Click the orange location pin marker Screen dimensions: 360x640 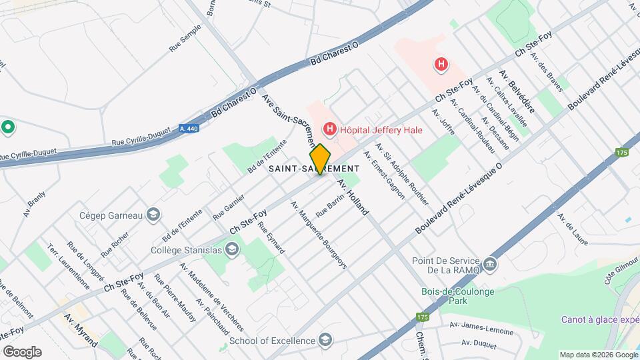320,159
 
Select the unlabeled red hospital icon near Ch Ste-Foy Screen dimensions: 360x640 440,65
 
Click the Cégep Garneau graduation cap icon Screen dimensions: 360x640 153,215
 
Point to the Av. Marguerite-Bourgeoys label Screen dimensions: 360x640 319,235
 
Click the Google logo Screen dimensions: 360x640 23,351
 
